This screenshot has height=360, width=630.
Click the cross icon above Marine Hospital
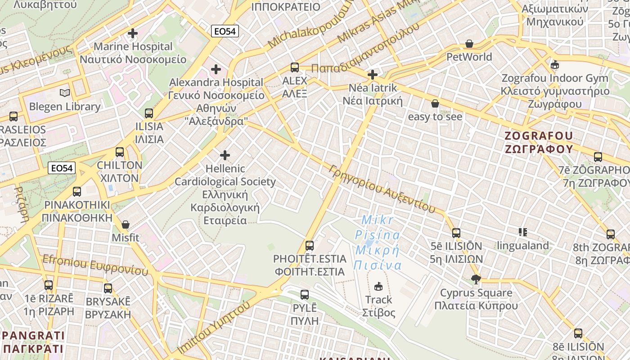pos(133,33)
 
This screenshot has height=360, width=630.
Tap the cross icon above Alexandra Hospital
pos(216,69)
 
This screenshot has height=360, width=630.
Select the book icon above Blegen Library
pos(65,93)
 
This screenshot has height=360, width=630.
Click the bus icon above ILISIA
pos(149,113)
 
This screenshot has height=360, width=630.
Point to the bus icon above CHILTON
pos(119,152)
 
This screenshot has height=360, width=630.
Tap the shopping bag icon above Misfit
pos(126,224)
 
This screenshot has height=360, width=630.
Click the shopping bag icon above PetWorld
pos(469,44)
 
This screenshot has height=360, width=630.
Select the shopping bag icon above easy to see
pos(435,103)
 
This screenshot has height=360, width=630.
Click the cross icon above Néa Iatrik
pos(372,74)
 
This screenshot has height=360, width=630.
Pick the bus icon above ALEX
pos(295,67)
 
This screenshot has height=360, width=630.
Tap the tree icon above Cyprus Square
pos(476,279)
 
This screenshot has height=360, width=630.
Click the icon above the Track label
pos(378,286)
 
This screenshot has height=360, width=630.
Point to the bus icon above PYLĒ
pos(305,295)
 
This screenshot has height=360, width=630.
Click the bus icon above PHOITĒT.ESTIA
pos(310,245)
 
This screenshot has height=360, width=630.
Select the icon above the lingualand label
pos(522,232)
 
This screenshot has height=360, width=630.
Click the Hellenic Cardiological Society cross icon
pos(225,155)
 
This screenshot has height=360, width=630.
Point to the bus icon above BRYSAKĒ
pos(108,288)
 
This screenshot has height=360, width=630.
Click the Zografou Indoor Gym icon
pos(555,65)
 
